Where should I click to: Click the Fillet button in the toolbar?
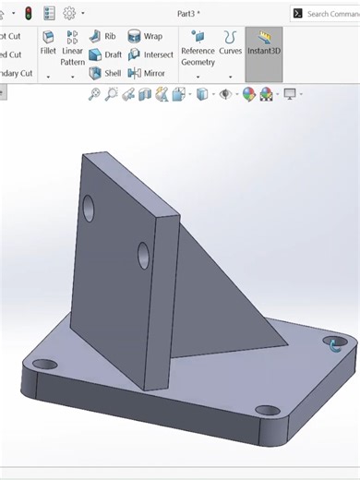(48, 43)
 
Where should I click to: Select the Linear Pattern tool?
(73, 48)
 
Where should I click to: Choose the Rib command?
(102, 36)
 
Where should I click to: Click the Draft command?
(105, 54)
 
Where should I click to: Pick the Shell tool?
(105, 73)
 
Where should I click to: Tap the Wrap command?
(145, 36)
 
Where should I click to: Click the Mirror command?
(147, 73)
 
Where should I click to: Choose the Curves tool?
(230, 43)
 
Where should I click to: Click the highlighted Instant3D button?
(264, 43)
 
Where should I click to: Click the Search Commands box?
(328, 14)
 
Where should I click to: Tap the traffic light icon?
(28, 13)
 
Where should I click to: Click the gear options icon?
(69, 13)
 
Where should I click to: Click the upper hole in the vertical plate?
(89, 208)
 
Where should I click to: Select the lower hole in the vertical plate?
(144, 255)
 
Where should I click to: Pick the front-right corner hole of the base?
(267, 410)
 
